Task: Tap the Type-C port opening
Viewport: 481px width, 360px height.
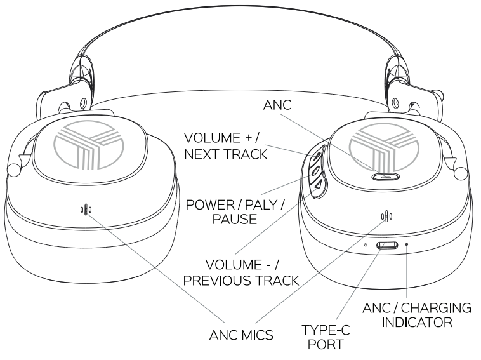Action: pyautogui.click(x=387, y=246)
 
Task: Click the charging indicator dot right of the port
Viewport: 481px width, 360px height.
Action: pyautogui.click(x=407, y=244)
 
